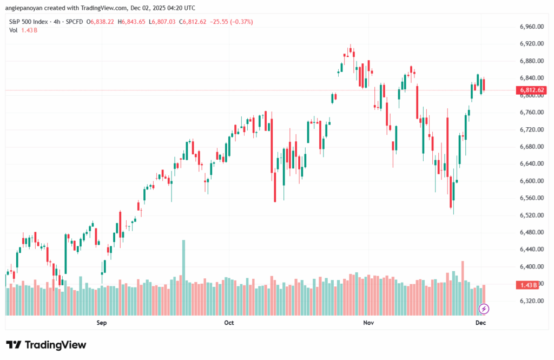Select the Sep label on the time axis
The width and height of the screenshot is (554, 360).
[x=101, y=323]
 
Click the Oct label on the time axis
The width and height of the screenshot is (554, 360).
[x=229, y=323]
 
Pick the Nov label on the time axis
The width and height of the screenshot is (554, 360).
[x=368, y=323]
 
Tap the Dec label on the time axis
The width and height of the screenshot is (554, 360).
[x=481, y=323]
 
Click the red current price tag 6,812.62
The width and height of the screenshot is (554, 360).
[x=531, y=90]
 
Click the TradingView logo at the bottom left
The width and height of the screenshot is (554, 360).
[x=46, y=345]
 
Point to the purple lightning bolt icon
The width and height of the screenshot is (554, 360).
[x=484, y=309]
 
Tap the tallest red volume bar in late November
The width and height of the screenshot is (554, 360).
[x=463, y=287]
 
